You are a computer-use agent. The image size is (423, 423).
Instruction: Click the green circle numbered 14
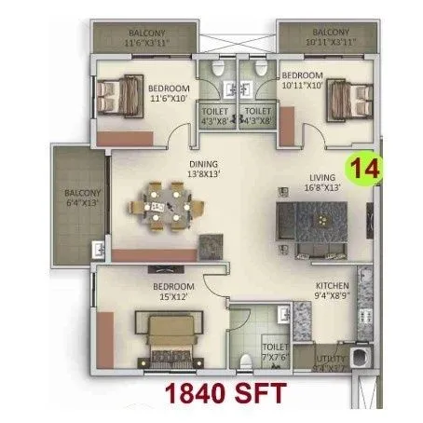coord(362,170)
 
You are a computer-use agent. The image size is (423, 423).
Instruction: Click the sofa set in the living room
coord(312,224)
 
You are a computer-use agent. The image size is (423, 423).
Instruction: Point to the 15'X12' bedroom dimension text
coord(174,296)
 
